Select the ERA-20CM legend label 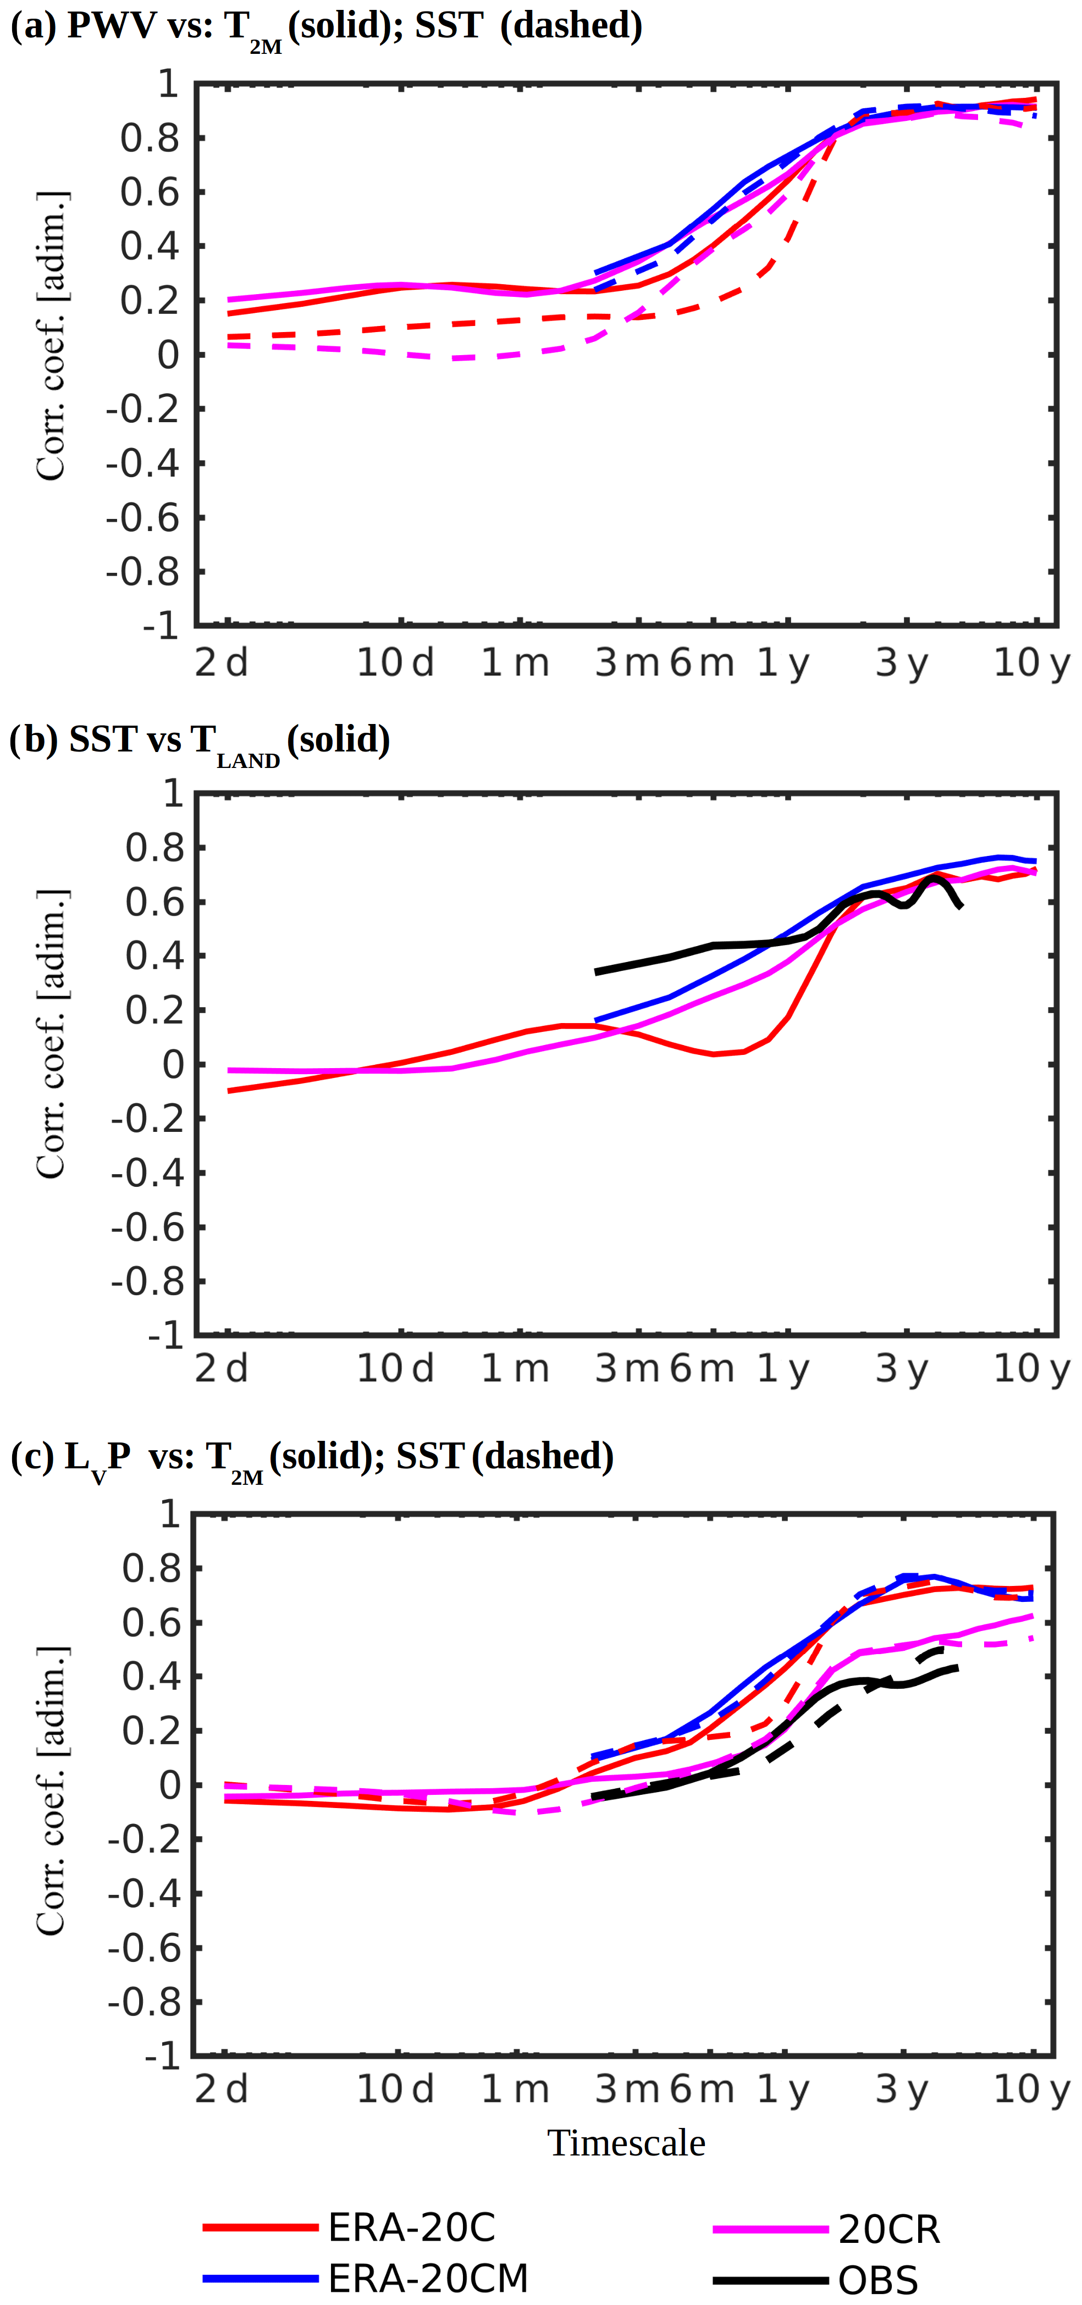428,2278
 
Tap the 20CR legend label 888,2230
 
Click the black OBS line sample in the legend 770,2280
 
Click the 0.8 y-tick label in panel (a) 150,139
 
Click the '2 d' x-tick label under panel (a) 221,663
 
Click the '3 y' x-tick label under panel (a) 901,663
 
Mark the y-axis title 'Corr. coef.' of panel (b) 51,1033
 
